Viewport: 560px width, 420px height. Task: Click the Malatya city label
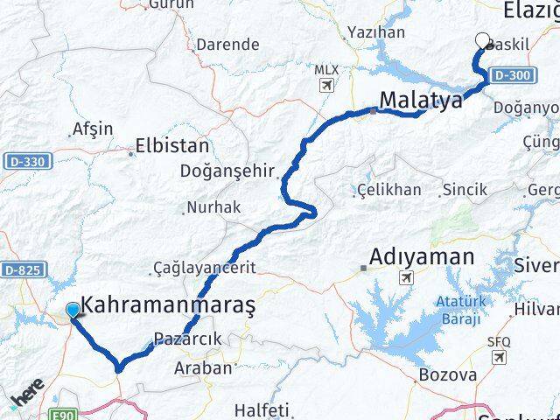(x=421, y=100)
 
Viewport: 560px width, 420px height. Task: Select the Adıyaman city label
(x=422, y=257)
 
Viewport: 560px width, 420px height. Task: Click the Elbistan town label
(x=172, y=146)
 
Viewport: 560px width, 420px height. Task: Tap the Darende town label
(x=227, y=44)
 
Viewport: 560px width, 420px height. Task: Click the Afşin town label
(x=94, y=129)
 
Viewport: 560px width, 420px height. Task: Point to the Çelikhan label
(x=389, y=190)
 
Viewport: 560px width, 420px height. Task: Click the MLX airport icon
(x=326, y=86)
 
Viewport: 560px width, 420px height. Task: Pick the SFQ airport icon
(x=500, y=357)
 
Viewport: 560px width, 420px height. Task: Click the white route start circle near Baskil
(x=482, y=39)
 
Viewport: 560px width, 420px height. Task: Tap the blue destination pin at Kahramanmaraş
(x=72, y=310)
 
